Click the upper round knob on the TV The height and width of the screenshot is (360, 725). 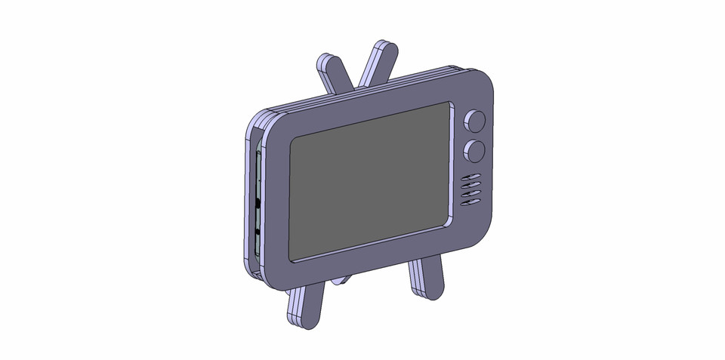point(475,121)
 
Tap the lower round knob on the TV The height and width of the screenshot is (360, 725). point(474,150)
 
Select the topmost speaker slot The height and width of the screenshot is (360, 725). point(471,178)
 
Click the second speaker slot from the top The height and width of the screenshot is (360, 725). point(470,186)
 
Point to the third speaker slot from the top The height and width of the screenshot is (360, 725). point(470,195)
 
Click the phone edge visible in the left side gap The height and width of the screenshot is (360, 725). point(257,204)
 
